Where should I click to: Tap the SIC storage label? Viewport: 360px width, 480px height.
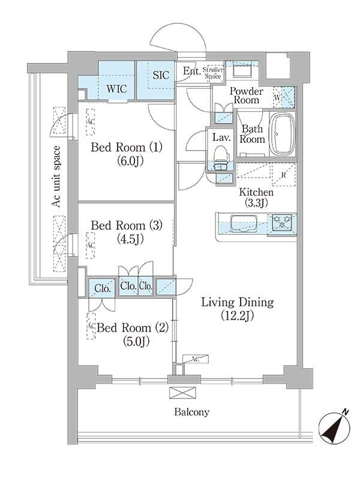coord(161,76)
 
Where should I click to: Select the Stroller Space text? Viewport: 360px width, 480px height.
coord(215,73)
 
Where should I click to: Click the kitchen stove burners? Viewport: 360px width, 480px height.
coord(281,223)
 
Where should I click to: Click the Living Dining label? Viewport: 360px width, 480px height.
coord(237,302)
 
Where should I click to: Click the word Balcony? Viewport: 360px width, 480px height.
coord(191,412)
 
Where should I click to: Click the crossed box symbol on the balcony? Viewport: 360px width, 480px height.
coord(179,392)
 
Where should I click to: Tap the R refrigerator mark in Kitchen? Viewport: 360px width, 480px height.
coord(283,175)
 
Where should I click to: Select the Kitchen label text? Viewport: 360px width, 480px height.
coord(256,193)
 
